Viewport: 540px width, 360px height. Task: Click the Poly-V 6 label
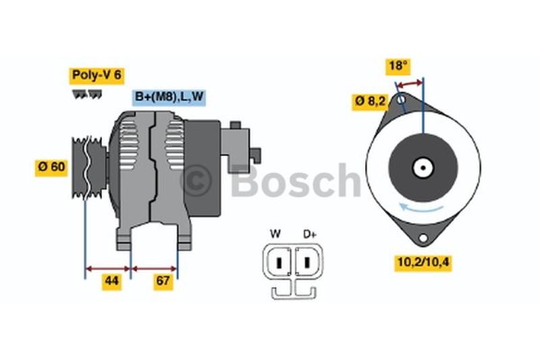coord(96,75)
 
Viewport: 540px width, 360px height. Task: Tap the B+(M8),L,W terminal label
coord(169,97)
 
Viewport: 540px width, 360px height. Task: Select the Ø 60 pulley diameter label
coord(52,167)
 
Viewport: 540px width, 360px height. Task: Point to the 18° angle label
coord(398,66)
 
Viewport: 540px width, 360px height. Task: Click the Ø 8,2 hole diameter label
coord(371,101)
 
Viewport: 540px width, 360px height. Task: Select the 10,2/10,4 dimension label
coord(423,263)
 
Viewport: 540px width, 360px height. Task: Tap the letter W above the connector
coord(275,234)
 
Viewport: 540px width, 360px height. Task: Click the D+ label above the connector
coord(310,234)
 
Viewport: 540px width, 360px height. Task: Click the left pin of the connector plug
coord(277,260)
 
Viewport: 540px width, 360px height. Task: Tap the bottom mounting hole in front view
coord(423,239)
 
